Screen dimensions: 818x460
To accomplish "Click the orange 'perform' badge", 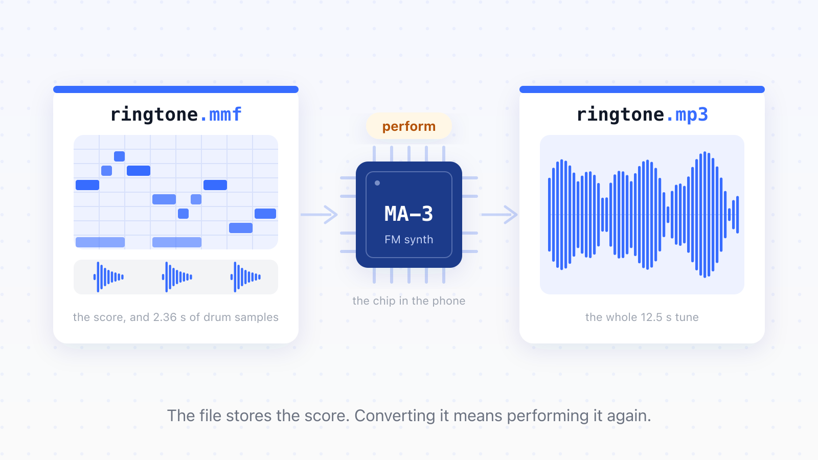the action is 408,126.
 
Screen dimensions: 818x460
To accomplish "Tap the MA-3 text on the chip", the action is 408,214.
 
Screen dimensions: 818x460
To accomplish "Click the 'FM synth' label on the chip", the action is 408,240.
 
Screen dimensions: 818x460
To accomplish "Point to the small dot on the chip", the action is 377,183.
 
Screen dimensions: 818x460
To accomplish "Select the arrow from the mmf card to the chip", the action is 319,215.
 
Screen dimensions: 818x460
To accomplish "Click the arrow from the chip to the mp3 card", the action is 499,215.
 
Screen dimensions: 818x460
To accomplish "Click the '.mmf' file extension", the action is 220,114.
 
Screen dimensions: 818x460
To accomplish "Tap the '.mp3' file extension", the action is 687,115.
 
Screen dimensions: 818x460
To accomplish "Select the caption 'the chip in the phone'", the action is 408,301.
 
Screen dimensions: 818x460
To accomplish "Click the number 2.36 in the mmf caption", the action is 165,317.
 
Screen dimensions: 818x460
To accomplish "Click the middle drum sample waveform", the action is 177,277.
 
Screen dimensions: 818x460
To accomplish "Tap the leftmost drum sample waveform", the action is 108,277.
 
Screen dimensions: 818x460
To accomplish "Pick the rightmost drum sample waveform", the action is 245,277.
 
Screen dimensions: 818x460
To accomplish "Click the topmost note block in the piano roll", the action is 120,156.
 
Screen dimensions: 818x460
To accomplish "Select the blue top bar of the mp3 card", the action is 642,89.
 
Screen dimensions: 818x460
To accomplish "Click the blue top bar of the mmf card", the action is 176,89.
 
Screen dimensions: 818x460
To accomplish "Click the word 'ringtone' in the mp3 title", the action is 620,115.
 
